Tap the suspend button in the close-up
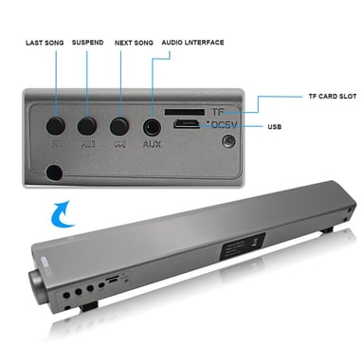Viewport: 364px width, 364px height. pos(87,123)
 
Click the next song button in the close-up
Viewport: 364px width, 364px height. pos(118,123)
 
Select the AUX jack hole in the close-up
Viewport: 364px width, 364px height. pos(150,124)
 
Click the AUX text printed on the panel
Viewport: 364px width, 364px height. pos(151,145)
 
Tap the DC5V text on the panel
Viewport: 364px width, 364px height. pos(225,124)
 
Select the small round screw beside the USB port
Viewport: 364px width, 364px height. pos(227,143)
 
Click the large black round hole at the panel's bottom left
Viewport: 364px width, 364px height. pos(54,173)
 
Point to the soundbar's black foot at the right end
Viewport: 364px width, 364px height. pos(335,231)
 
